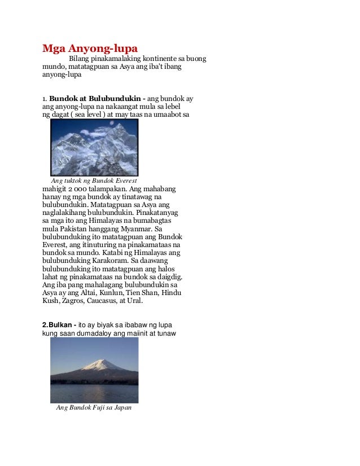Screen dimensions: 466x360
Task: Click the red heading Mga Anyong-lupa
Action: pyautogui.click(x=90, y=45)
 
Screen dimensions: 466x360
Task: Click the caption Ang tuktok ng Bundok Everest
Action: pyautogui.click(x=94, y=180)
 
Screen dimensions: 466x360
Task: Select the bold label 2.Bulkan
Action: pyautogui.click(x=59, y=326)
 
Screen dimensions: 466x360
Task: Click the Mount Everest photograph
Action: pyautogui.click(x=94, y=147)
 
